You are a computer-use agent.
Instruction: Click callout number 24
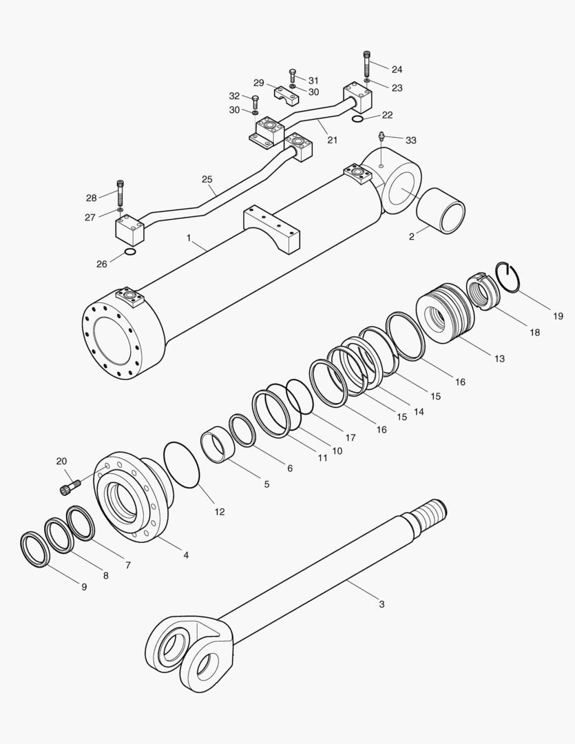(x=397, y=70)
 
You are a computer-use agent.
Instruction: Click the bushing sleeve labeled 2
(x=441, y=210)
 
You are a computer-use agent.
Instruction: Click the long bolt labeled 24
(x=366, y=64)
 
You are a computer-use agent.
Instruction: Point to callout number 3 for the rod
(x=381, y=604)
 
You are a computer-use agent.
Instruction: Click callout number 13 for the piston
(x=499, y=358)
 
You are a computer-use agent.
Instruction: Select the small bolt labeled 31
(x=293, y=74)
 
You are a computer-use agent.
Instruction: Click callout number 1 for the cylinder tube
(x=188, y=238)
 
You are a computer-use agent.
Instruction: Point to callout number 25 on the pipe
(x=207, y=179)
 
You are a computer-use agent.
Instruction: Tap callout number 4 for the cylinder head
(x=185, y=555)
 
